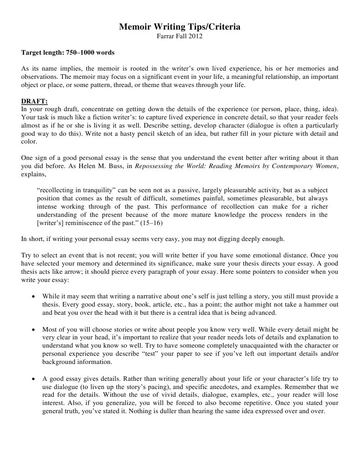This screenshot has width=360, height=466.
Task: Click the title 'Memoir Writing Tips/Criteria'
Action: pos(180,27)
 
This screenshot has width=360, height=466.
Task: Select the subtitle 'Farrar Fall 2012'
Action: pos(180,36)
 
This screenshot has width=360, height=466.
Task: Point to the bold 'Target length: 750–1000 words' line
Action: pos(68,53)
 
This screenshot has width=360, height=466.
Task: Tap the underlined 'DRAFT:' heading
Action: pos(34,101)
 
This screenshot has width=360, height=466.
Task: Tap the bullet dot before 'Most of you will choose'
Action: pos(35,329)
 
